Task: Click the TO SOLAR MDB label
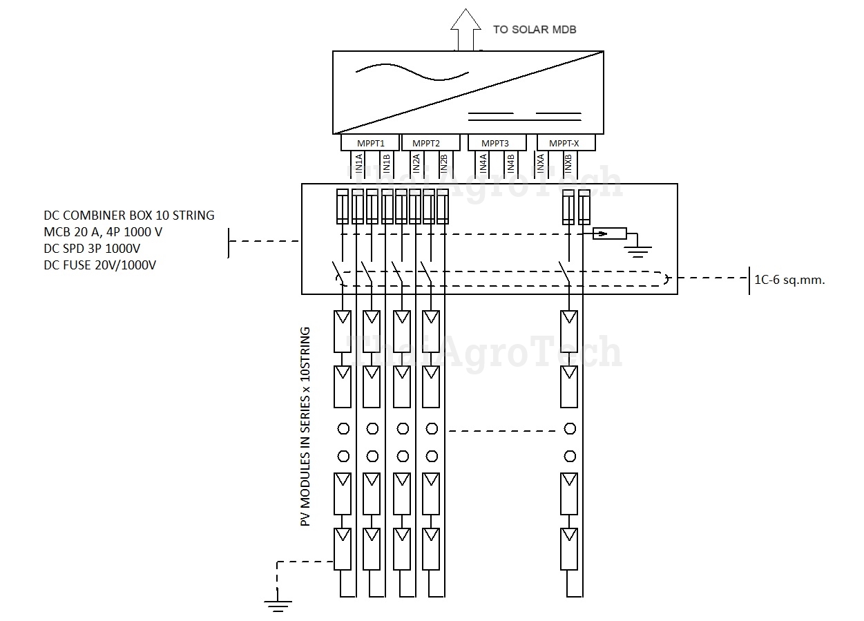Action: point(534,30)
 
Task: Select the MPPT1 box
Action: point(371,143)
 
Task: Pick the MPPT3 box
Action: point(495,143)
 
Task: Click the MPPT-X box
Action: point(565,143)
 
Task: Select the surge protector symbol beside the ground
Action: point(609,234)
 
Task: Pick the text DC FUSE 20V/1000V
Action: point(99,265)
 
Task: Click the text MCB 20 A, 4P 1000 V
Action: point(104,231)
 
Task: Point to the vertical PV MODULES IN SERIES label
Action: point(306,427)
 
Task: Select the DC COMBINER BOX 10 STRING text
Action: point(129,215)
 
